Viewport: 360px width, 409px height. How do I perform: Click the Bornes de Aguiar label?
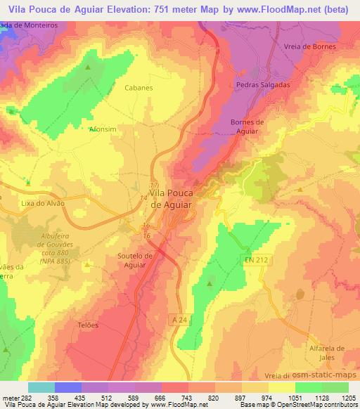247,126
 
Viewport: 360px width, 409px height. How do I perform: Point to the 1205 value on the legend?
340,398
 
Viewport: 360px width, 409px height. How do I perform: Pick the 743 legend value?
176,398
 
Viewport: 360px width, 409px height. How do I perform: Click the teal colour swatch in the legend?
41,387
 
